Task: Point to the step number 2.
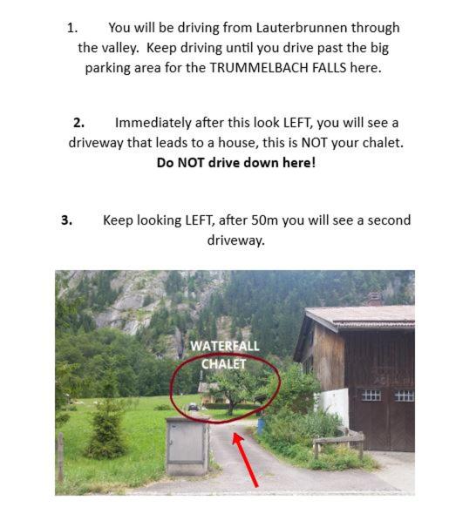pyautogui.click(x=78, y=123)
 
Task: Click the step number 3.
pyautogui.click(x=67, y=220)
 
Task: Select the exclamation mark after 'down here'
pyautogui.click(x=314, y=163)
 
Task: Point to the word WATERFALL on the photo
pyautogui.click(x=225, y=346)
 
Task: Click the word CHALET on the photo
pyautogui.click(x=224, y=364)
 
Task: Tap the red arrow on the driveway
pyautogui.click(x=245, y=459)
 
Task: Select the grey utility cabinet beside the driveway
pyautogui.click(x=187, y=446)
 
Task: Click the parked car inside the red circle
pyautogui.click(x=194, y=407)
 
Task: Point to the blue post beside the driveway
pyautogui.click(x=261, y=426)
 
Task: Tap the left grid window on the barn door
pyautogui.click(x=371, y=396)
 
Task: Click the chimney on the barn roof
pyautogui.click(x=374, y=299)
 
